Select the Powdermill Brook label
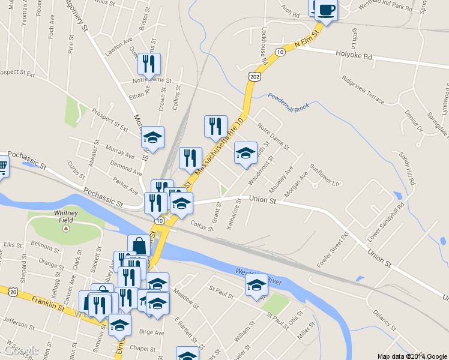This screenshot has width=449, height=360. pos(288,101)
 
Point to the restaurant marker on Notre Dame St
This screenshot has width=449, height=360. pos(148,65)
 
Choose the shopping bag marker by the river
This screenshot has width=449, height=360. pos(139,245)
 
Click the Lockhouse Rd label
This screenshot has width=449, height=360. pos(264,44)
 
